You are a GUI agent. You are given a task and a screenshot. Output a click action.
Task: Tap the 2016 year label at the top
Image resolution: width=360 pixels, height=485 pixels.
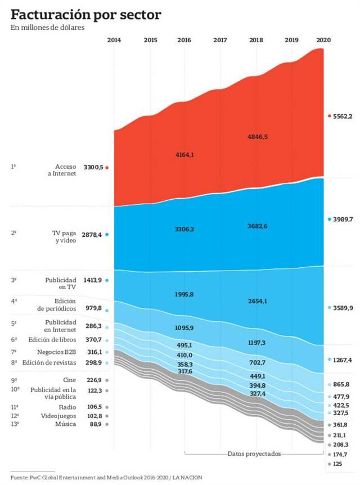184,40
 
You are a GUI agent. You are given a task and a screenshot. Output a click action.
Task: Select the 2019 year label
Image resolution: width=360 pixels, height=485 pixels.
292,40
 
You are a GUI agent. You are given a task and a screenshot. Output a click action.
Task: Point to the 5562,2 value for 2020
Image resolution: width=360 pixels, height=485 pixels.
342,116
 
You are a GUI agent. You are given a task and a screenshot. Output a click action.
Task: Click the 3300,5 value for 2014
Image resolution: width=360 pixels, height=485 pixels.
93,167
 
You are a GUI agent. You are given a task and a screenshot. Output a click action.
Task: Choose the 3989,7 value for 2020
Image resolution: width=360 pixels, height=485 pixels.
342,219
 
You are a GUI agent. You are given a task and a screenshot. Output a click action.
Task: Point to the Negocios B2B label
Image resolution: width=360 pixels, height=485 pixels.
61,352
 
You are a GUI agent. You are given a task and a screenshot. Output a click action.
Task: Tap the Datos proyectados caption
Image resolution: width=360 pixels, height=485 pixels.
254,453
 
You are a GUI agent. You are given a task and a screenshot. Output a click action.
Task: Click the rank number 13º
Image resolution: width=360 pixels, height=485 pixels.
15,424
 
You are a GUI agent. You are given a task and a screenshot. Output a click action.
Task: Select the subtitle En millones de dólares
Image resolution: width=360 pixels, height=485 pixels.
47,28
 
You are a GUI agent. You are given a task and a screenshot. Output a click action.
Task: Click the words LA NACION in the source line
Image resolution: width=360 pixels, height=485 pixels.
187,477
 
